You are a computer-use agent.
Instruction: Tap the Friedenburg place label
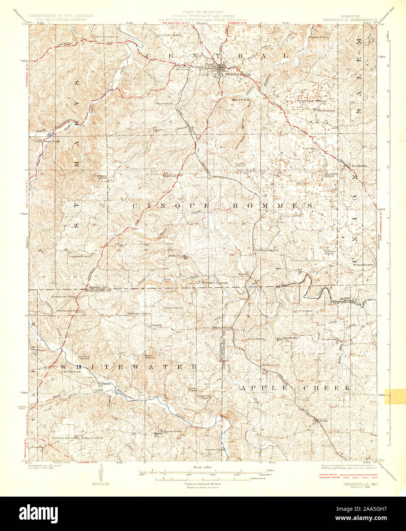click(325, 110)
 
